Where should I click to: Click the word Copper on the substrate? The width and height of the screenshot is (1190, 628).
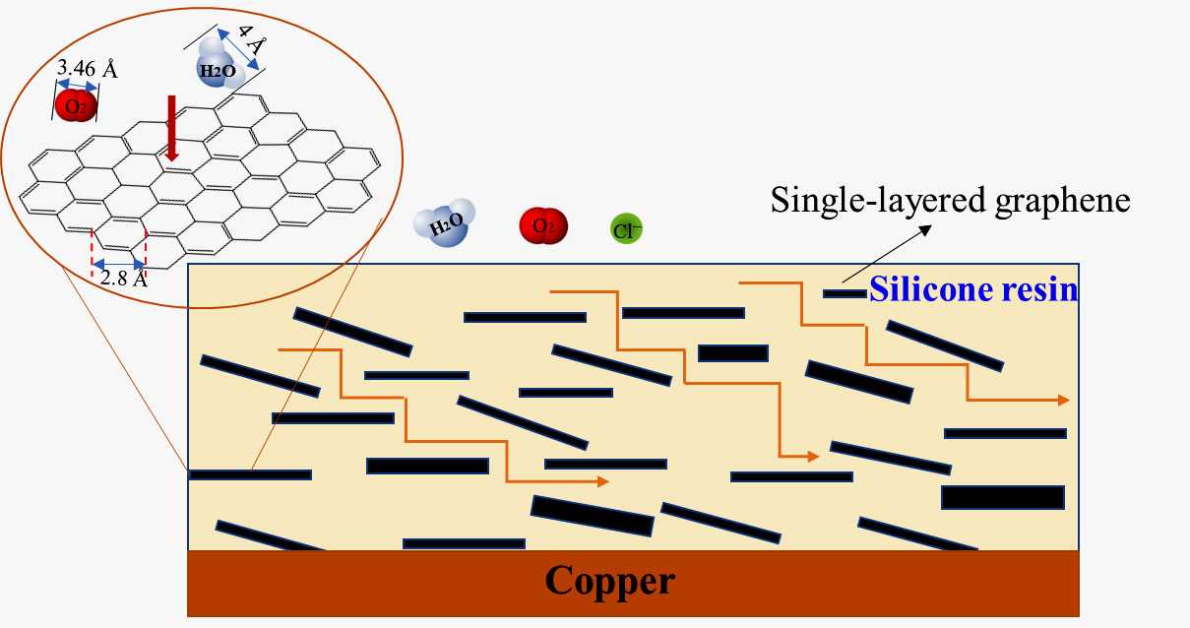click(x=610, y=581)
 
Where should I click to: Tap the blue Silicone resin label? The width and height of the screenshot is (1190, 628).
click(x=973, y=290)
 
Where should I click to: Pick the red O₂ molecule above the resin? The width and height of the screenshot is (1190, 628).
click(x=543, y=226)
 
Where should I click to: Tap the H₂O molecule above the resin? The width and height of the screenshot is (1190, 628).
click(x=446, y=226)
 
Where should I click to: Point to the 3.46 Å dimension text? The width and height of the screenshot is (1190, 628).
click(x=88, y=69)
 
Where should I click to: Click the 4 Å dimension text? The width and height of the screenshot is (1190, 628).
click(x=253, y=44)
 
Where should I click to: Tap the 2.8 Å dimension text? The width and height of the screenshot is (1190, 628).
click(x=123, y=279)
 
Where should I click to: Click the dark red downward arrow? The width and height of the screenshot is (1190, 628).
click(x=172, y=128)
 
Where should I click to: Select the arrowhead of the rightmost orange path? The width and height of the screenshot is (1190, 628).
click(x=1063, y=400)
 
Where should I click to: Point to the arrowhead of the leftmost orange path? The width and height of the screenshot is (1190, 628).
click(x=602, y=481)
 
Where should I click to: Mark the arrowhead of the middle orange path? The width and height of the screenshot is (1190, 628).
click(x=813, y=457)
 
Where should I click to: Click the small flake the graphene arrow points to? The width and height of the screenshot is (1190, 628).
click(x=845, y=293)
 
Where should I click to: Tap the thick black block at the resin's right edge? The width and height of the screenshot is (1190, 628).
click(x=1003, y=497)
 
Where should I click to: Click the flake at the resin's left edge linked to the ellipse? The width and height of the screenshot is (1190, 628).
click(x=250, y=474)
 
